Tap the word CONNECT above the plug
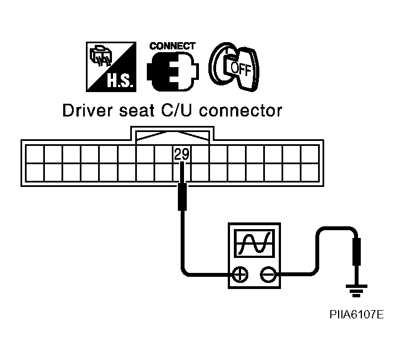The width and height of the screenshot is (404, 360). (172, 45)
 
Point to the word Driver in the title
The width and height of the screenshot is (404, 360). (83, 111)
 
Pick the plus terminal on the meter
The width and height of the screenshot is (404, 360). (240, 273)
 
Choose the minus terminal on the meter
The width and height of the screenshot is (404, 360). (268, 273)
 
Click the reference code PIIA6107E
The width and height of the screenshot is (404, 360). (355, 315)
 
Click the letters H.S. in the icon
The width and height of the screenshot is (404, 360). (118, 83)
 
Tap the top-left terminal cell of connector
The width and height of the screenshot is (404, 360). (35, 154)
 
